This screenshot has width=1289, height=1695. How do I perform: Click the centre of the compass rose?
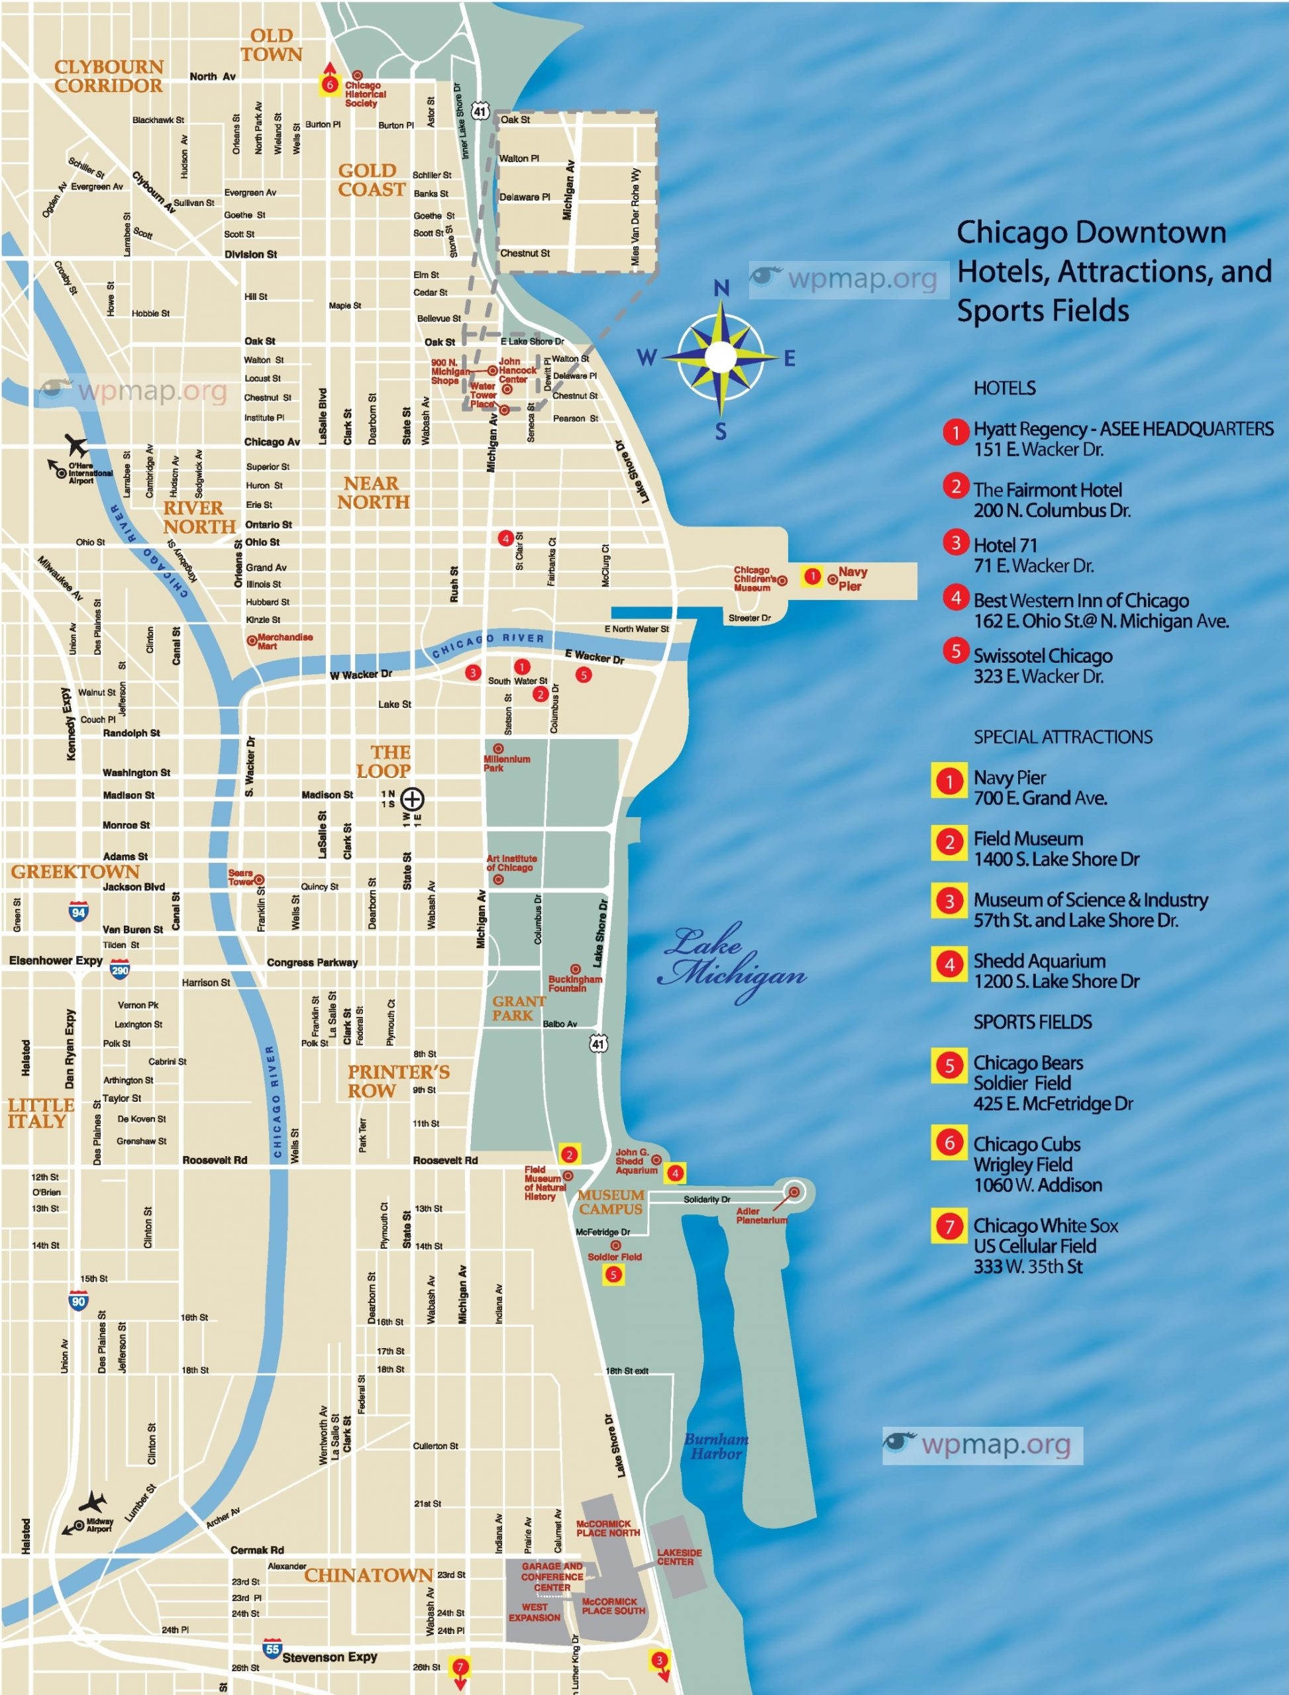tap(721, 357)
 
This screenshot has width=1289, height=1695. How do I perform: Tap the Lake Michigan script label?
tap(733, 963)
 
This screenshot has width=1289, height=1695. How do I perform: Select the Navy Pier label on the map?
tap(852, 579)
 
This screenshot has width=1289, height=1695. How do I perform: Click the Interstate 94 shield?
tap(78, 911)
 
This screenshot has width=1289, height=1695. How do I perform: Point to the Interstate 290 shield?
tap(120, 970)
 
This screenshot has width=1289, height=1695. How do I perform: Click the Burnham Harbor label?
tap(716, 1447)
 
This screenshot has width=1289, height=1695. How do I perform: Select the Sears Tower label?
tap(240, 877)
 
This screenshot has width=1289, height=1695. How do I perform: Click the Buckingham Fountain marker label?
tap(575, 983)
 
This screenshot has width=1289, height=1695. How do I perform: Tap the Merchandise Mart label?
tap(285, 641)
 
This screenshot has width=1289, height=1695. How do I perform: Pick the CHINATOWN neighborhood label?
tap(368, 1575)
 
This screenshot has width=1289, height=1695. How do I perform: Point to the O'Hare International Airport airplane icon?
tap(76, 444)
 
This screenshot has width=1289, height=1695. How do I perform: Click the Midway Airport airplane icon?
tap(93, 1502)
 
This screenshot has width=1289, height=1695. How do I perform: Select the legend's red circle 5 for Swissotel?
tap(955, 650)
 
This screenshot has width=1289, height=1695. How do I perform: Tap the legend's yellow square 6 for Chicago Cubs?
tap(949, 1143)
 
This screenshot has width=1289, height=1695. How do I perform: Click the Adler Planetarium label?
tap(761, 1216)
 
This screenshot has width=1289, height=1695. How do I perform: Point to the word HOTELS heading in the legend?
tap(1004, 388)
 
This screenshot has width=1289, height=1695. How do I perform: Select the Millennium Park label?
tap(505, 763)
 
